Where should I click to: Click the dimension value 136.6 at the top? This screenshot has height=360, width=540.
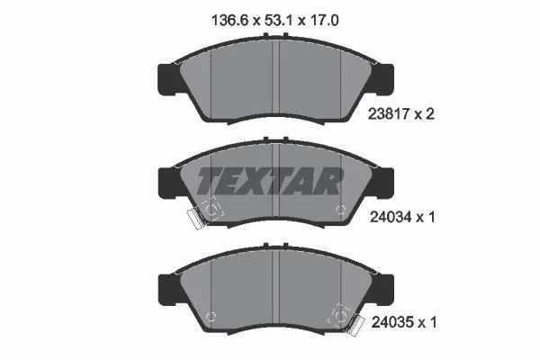coord(229,21)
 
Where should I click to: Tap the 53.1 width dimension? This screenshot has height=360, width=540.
coord(278,21)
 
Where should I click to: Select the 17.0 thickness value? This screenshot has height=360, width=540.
coord(323,21)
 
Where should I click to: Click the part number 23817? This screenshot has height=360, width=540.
coord(389,113)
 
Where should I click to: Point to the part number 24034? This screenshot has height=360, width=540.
coord(391,217)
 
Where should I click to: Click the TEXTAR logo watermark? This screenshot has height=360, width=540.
coord(270,181)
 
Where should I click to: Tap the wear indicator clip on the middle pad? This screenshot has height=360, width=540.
coord(195,219)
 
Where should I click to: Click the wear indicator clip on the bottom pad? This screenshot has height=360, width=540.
coord(355,326)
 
